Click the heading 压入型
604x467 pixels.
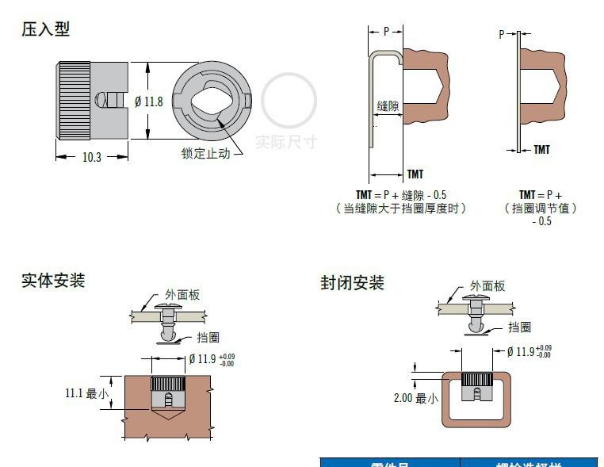(x=45, y=29)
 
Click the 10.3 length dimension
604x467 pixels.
(x=92, y=157)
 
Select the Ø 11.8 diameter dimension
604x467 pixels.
(x=149, y=101)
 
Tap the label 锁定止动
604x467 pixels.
(x=205, y=153)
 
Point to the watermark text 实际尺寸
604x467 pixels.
(x=285, y=142)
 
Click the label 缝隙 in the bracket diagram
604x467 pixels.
(x=388, y=105)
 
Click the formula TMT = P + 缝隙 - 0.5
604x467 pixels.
(x=400, y=195)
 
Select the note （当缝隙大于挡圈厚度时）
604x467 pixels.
(x=400, y=209)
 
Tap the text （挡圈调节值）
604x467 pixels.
(x=541, y=209)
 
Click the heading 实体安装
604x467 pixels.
(x=52, y=280)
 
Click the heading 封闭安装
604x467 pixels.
(x=352, y=283)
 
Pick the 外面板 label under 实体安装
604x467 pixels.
(x=182, y=295)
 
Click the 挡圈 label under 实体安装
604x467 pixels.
(x=208, y=337)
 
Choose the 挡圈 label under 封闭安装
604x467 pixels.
(x=519, y=327)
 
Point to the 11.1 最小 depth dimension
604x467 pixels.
(x=86, y=392)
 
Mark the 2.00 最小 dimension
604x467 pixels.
(x=415, y=398)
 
